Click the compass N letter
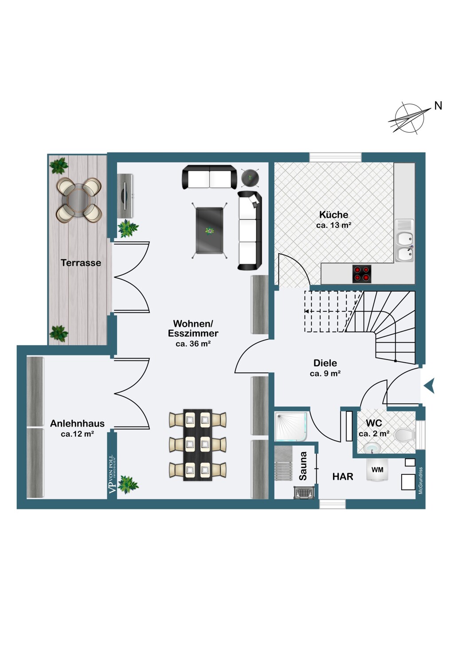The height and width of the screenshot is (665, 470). (x=438, y=106)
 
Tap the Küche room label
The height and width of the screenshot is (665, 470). (x=333, y=214)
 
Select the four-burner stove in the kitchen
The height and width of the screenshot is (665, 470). (x=362, y=274)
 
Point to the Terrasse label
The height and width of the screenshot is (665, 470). (x=81, y=263)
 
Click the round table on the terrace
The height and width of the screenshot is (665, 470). (x=79, y=200)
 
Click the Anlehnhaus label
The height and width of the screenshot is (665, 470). (x=77, y=423)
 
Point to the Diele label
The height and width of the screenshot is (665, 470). (x=325, y=363)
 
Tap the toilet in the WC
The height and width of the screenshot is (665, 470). (x=405, y=435)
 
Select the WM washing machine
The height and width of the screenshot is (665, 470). (x=377, y=469)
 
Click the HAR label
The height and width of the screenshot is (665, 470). (x=343, y=477)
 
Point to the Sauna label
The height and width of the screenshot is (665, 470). (x=303, y=466)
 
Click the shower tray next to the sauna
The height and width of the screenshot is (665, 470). (x=290, y=426)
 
